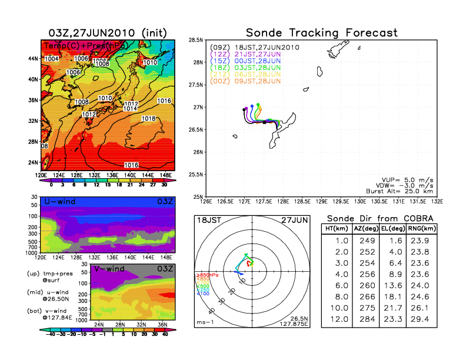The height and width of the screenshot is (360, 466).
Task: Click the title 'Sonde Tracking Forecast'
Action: pos(321,33)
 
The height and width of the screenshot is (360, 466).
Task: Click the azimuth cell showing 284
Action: pos(366,318)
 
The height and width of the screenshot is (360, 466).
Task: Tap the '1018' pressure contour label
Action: pos(149,119)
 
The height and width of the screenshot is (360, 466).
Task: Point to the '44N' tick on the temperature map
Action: pos(33,58)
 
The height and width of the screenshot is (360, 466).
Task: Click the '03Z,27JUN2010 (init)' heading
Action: pos(107,32)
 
